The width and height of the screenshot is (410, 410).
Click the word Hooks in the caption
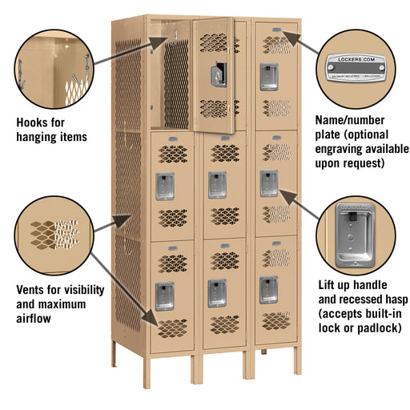pyautogui.click(x=34, y=123)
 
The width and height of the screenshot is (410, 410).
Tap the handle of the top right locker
pyautogui.click(x=268, y=75)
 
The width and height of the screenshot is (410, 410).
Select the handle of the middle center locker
pyautogui.click(x=217, y=185)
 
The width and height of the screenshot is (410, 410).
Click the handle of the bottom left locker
pyautogui.click(x=165, y=295)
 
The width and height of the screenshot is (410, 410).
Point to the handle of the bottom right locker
pyautogui.click(x=268, y=289)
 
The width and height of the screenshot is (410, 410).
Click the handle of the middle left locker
pyautogui.click(x=165, y=186)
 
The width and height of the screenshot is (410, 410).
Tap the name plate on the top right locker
pyautogui.click(x=275, y=31)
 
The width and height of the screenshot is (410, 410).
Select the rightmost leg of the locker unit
pyautogui.click(x=298, y=360)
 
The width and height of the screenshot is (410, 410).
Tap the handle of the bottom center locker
pyautogui.click(x=217, y=292)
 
